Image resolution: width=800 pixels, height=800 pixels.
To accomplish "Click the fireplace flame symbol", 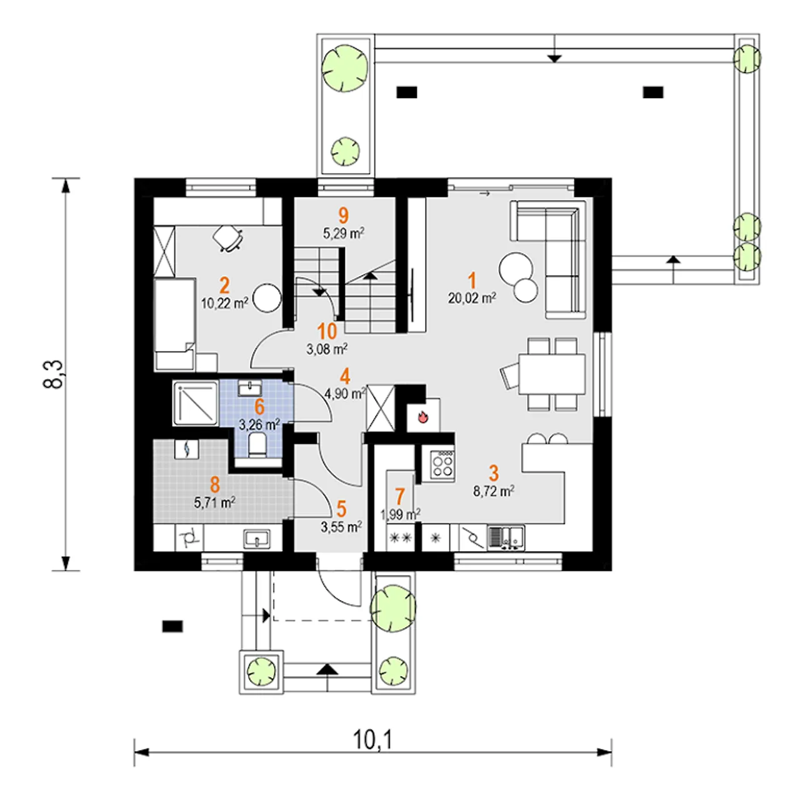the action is pos(422,416).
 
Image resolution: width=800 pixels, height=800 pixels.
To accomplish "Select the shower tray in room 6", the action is pos(196,404).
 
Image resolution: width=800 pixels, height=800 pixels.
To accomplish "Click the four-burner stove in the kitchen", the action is pos(442,466).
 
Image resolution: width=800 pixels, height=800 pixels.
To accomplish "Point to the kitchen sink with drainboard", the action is pos(506,538).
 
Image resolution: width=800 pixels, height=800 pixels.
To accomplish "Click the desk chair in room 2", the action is pos(227,238).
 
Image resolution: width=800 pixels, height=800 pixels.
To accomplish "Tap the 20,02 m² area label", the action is pos(472,298).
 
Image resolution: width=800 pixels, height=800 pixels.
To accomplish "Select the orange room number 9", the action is pos(343,216).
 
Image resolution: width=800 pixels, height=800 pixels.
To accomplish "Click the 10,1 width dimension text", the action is pos(372,740).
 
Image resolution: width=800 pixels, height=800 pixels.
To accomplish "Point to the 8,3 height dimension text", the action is pos(54,374).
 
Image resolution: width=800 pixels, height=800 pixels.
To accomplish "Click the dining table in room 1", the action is pos(551,374).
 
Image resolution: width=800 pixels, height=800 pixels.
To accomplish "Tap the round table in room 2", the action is pos(267,297).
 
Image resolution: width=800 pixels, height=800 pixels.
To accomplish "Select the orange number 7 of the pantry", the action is pos(399,496).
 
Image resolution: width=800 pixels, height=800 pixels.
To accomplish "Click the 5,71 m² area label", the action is pos(214,502).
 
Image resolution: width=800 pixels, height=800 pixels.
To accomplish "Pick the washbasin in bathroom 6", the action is pos(249,387).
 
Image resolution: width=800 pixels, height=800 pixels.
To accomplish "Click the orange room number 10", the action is pos(327,332).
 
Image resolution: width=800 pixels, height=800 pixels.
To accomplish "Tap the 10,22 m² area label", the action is pos(224,303).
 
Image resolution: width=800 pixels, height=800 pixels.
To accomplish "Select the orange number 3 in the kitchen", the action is pos(494,473).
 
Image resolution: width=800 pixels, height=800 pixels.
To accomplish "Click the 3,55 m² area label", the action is pos(341,527).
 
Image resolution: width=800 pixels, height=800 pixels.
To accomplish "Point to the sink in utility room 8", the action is pos(257,539).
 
